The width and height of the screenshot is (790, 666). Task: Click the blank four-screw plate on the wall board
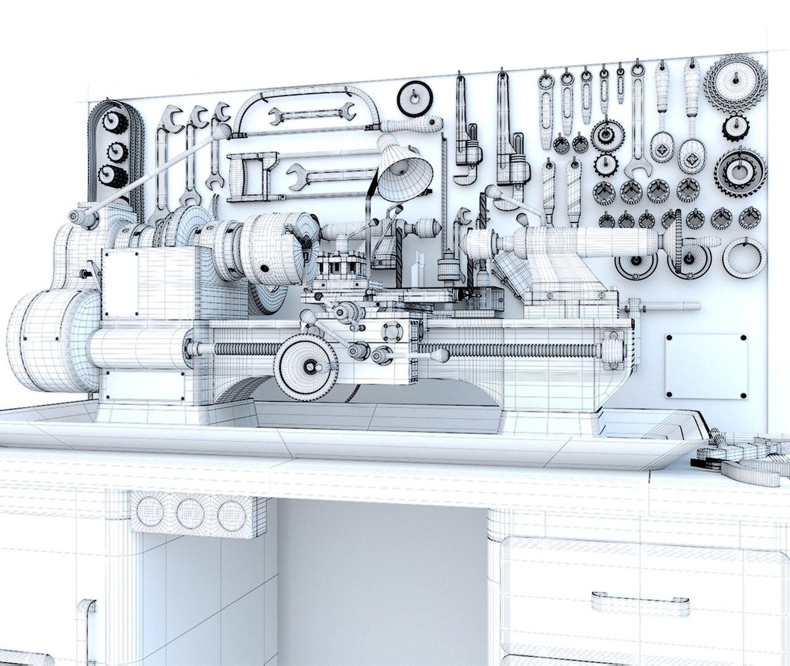[706, 366]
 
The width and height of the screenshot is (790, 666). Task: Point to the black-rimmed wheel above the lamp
[414, 99]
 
